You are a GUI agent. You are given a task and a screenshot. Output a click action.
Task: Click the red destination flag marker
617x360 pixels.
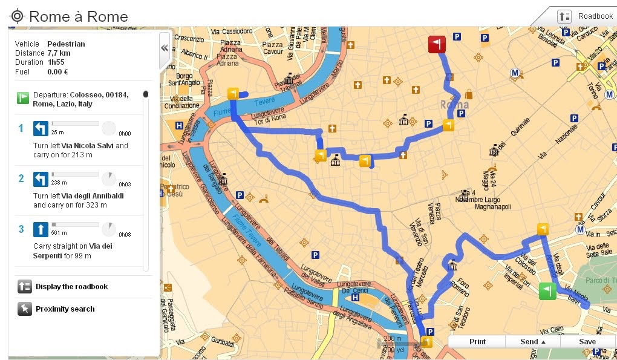pyautogui.click(x=437, y=45)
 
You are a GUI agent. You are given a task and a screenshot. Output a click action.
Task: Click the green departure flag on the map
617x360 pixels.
pyautogui.click(x=547, y=290)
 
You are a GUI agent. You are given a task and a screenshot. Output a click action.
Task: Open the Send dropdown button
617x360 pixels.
pyautogui.click(x=533, y=342)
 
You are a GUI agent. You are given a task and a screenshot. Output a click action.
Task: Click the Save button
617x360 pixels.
pyautogui.click(x=587, y=342)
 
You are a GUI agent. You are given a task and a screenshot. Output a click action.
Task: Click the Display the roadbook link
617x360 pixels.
pyautogui.click(x=71, y=287)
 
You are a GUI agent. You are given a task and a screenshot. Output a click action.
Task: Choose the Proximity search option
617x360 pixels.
pyautogui.click(x=65, y=309)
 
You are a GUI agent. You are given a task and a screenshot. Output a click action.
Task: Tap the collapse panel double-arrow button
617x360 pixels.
pyautogui.click(x=164, y=48)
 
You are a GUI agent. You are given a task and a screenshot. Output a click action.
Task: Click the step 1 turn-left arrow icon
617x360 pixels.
pyautogui.click(x=41, y=128)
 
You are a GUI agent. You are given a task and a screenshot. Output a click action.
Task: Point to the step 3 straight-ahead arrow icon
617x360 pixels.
pyautogui.click(x=41, y=229)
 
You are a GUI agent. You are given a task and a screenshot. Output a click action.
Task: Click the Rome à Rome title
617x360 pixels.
pyautogui.click(x=79, y=16)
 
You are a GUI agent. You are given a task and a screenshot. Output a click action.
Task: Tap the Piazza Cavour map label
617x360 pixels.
pyautogui.click(x=272, y=48)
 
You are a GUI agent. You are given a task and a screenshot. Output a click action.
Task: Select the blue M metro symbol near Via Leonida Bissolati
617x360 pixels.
pyautogui.click(x=515, y=73)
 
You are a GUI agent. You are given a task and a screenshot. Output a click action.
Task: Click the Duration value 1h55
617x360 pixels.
pyautogui.click(x=57, y=62)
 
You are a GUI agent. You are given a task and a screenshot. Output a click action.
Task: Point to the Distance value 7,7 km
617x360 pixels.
pyautogui.click(x=59, y=53)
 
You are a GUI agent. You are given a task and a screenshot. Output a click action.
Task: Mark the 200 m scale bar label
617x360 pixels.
pyautogui.click(x=393, y=339)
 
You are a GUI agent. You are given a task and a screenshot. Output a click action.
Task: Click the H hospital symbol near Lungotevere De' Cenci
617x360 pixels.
pyautogui.click(x=355, y=297)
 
